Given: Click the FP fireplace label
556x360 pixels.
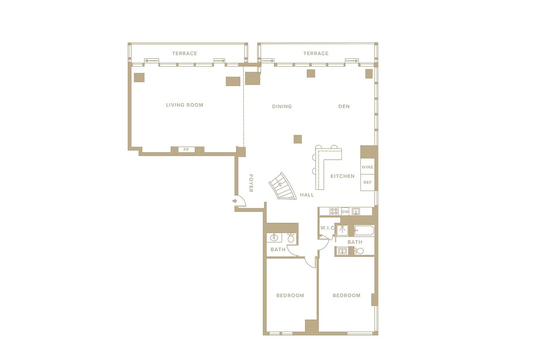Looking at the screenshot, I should (186, 149).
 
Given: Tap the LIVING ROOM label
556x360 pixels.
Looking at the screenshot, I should (184, 105).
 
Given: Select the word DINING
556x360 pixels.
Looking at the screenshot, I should (282, 107).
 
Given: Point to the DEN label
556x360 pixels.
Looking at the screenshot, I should (344, 107).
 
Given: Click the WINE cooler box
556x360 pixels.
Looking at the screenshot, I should (368, 167).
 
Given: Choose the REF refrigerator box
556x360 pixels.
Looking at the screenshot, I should (368, 182).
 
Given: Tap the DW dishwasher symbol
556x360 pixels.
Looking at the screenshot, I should (345, 211).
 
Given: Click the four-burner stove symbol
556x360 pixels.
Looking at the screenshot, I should (334, 211).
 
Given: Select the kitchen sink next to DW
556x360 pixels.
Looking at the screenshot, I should (356, 211).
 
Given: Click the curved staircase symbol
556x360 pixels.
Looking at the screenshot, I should (280, 186).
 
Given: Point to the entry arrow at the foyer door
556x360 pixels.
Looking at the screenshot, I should (235, 201).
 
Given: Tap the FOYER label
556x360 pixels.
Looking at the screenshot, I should (251, 183).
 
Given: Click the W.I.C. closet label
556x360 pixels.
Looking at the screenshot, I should (327, 228).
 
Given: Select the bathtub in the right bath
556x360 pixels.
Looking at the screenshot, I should (364, 231).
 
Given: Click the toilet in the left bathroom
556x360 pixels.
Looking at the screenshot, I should (291, 238).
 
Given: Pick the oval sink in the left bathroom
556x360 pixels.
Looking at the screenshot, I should (274, 238).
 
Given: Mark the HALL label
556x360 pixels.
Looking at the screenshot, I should (307, 195).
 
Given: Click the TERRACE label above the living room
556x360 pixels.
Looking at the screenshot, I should (184, 54).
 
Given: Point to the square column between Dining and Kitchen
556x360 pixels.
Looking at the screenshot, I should (297, 139).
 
